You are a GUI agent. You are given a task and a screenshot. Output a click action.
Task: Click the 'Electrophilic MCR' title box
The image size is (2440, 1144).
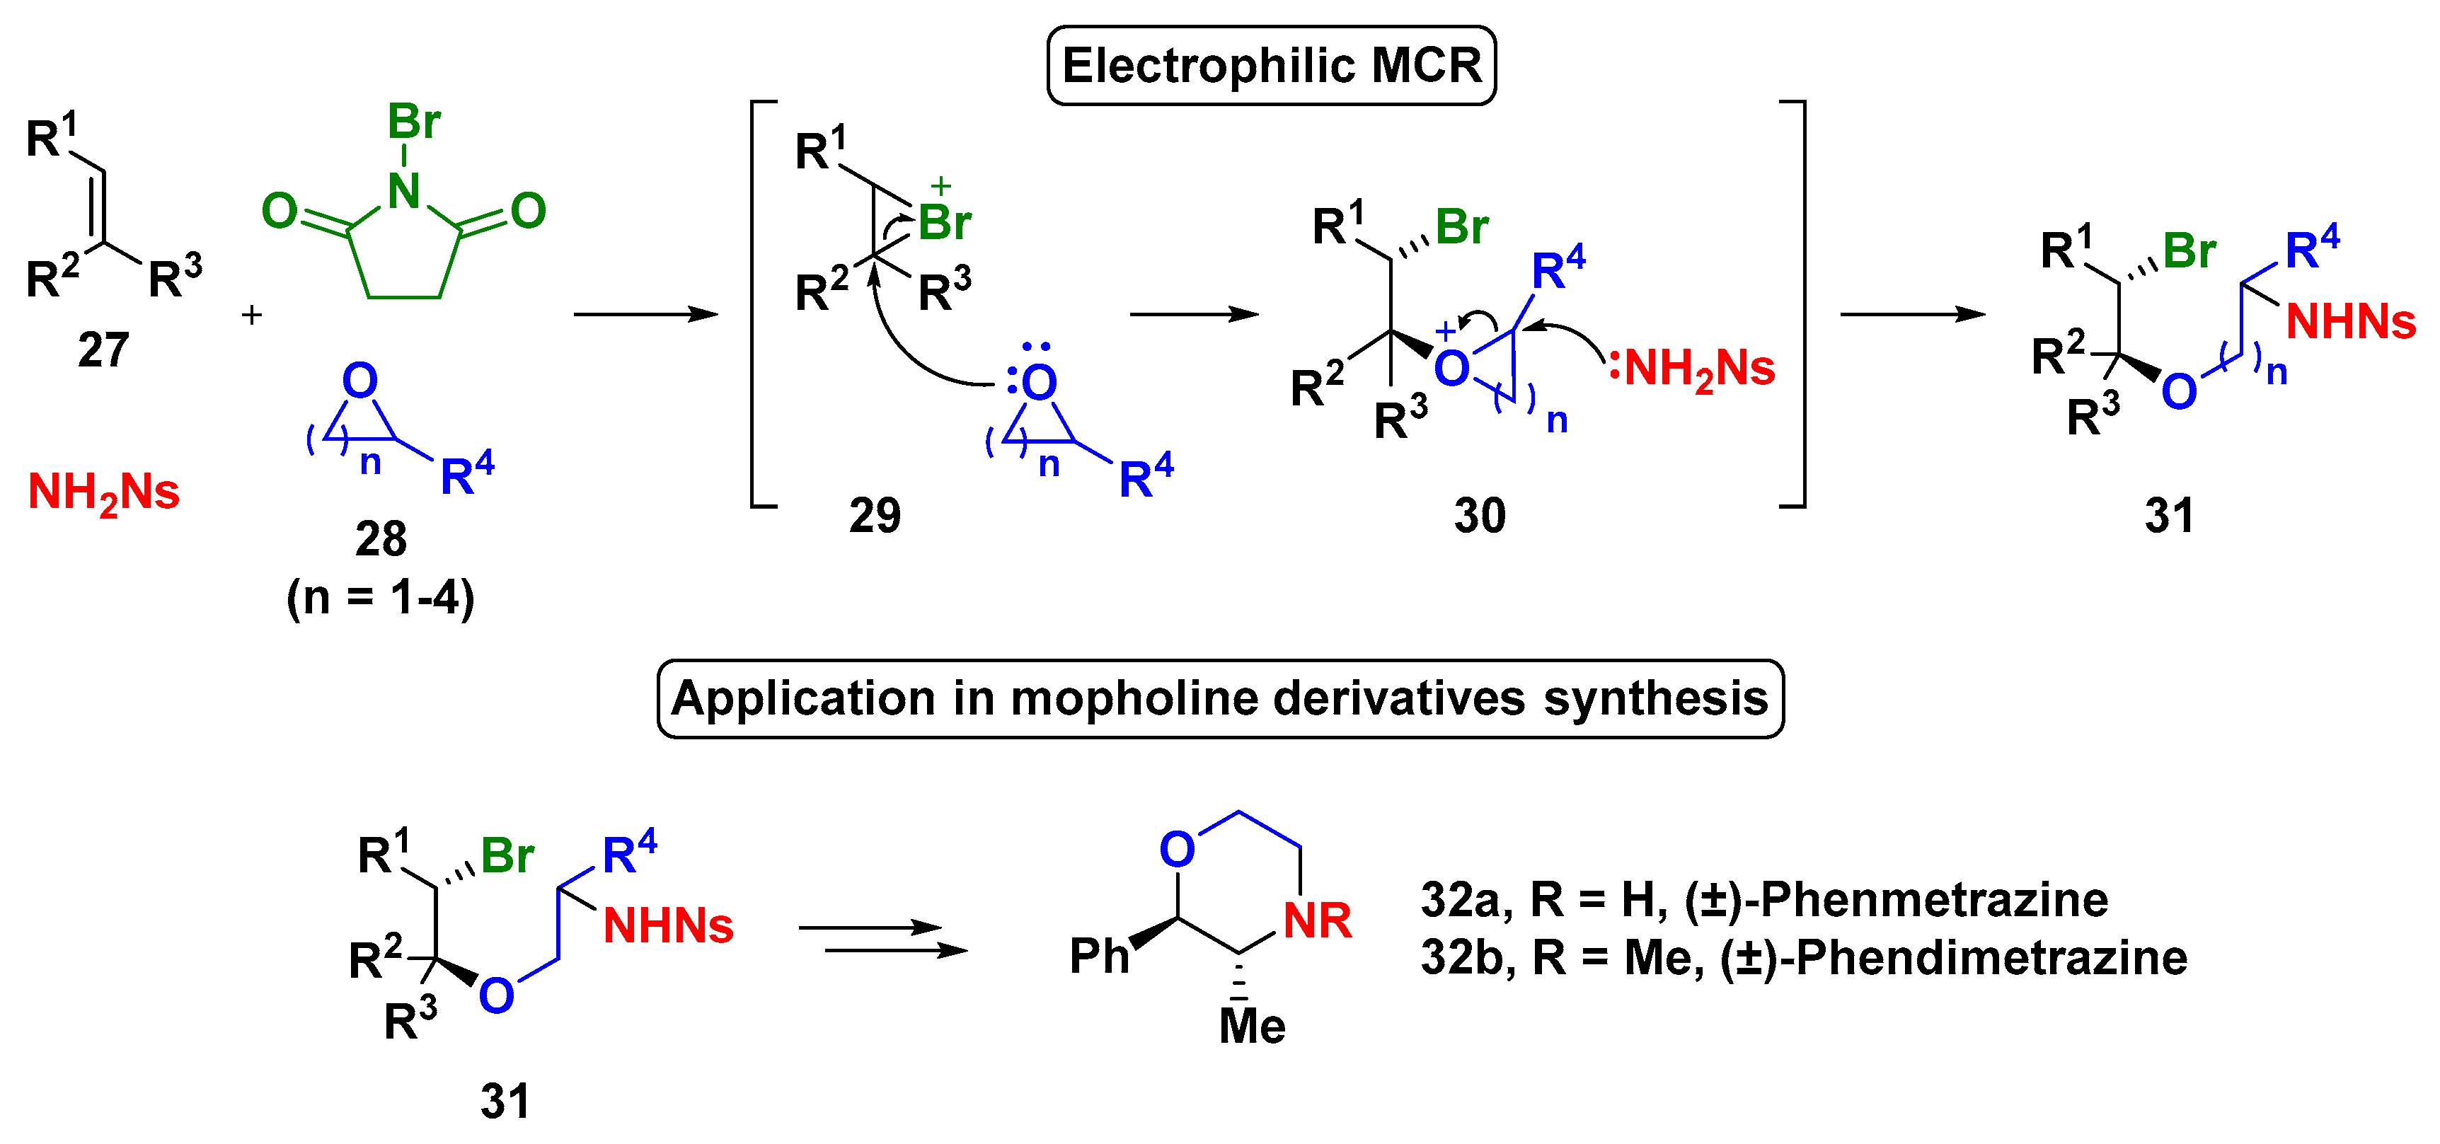(1271, 65)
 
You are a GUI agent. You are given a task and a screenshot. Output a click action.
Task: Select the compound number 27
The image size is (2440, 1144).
(103, 350)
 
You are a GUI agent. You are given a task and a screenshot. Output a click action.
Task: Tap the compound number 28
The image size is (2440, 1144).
(381, 539)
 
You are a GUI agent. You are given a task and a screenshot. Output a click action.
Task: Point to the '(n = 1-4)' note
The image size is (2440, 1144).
(381, 598)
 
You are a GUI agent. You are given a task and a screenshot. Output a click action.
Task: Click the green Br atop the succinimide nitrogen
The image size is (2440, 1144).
(414, 121)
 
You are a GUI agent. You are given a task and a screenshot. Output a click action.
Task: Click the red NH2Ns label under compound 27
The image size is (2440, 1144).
(103, 492)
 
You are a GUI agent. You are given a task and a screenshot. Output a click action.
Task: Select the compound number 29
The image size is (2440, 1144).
(874, 515)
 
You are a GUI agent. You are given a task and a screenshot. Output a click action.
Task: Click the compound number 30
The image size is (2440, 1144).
(1480, 515)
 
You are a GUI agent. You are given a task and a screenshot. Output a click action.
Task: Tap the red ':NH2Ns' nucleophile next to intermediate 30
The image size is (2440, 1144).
(1692, 367)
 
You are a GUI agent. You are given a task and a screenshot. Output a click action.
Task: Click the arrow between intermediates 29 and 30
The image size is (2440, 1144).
(1194, 314)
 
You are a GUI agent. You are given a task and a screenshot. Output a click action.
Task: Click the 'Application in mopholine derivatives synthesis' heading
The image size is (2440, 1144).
(1220, 699)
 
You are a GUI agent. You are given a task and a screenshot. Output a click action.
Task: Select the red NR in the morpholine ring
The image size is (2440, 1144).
(1317, 920)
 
